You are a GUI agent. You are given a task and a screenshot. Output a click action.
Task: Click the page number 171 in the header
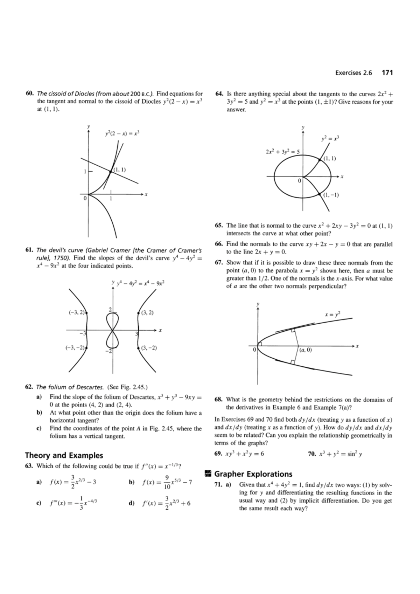click(x=387, y=73)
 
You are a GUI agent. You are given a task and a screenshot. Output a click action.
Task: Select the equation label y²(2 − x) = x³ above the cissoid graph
click(x=122, y=133)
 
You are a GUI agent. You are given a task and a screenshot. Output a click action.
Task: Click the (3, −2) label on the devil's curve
click(x=148, y=348)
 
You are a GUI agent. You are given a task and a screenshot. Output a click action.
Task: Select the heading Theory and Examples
click(x=64, y=455)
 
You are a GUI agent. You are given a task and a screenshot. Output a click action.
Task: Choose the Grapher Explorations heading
click(x=253, y=474)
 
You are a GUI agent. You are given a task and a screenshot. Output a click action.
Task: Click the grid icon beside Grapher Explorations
click(x=207, y=474)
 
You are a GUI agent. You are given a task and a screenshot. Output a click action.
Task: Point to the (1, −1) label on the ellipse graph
click(x=331, y=195)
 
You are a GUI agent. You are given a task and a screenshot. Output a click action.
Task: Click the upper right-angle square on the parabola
click(x=293, y=330)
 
